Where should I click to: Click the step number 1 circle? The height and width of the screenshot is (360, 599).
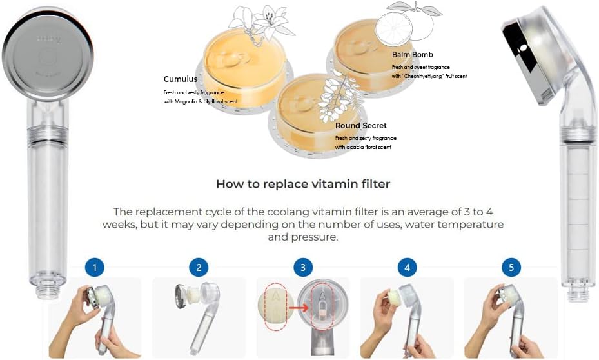(x=94, y=267)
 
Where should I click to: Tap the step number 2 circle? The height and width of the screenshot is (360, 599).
(x=199, y=267)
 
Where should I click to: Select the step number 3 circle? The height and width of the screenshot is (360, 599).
(x=303, y=267)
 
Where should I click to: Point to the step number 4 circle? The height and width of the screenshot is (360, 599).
(x=407, y=267)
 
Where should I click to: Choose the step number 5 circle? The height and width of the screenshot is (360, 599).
(x=511, y=267)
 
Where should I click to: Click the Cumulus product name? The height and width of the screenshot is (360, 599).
(x=181, y=79)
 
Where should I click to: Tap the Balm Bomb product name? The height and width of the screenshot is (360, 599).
(x=413, y=55)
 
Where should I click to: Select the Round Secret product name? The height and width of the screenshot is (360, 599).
(x=361, y=126)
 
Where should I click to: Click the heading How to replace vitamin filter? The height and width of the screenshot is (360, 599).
(x=303, y=184)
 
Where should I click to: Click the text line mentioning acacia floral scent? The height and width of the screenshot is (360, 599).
(x=363, y=148)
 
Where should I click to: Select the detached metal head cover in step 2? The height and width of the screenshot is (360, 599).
(x=183, y=295)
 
